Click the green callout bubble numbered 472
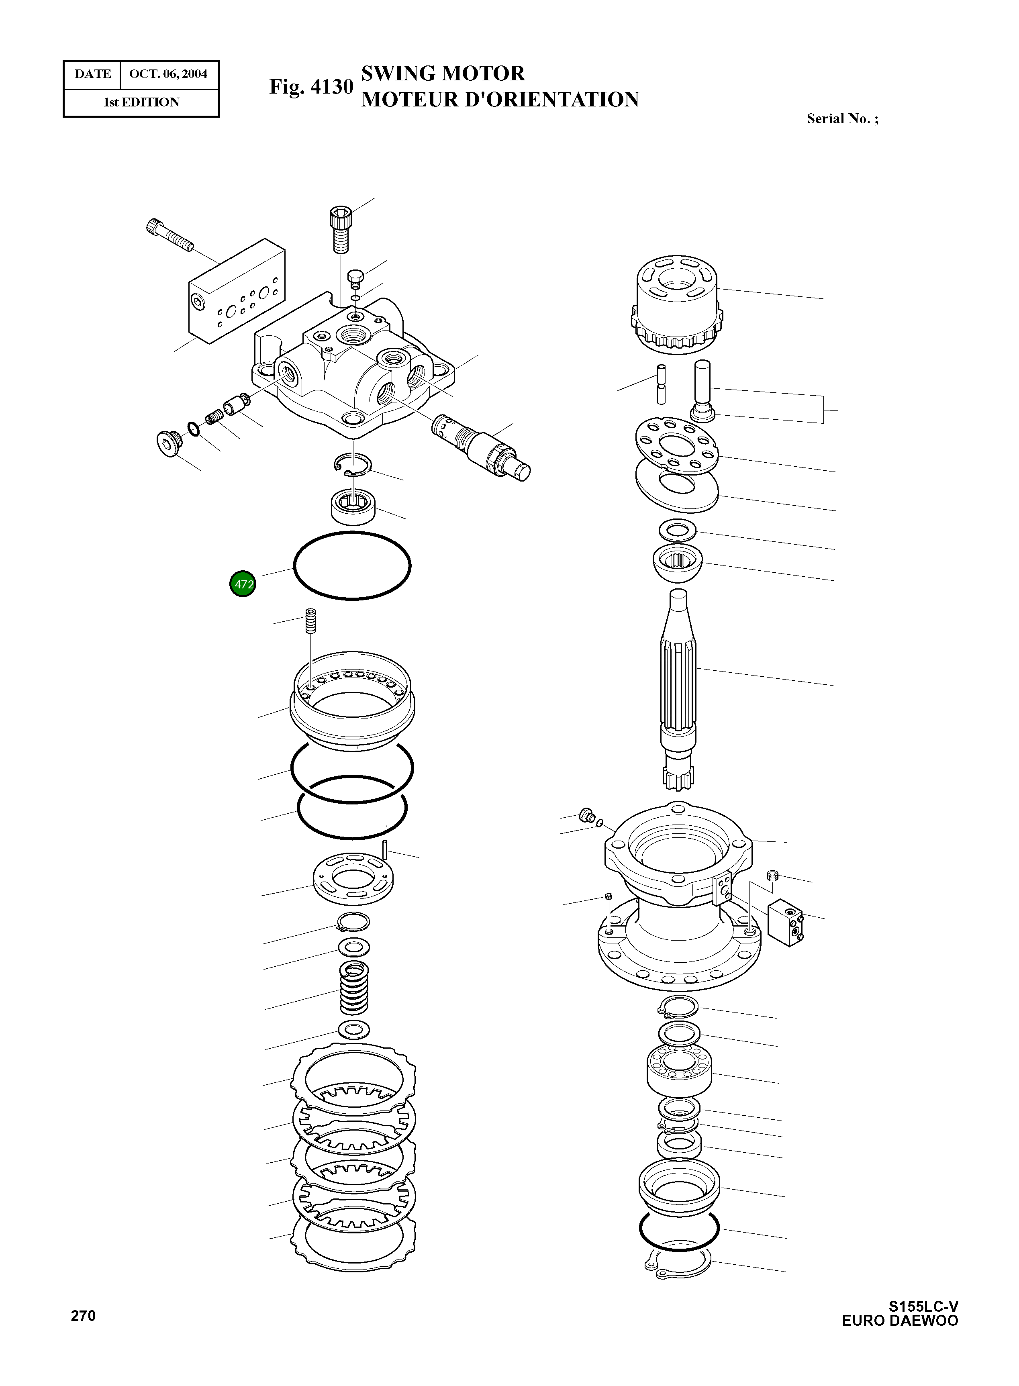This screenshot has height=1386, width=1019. click(243, 584)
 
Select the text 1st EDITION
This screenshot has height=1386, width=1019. click(141, 102)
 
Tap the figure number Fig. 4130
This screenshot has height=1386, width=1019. click(311, 87)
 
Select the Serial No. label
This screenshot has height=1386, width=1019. click(842, 119)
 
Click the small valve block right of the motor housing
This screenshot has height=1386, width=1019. click(785, 922)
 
